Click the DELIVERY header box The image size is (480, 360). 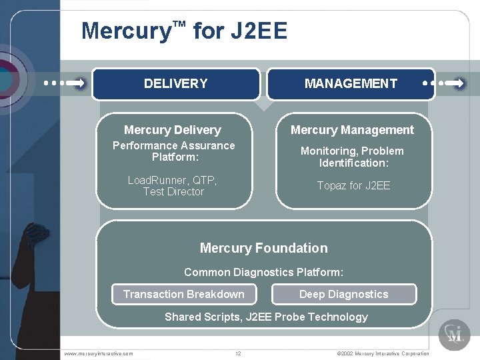tap(175, 84)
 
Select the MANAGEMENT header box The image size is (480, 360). tap(351, 84)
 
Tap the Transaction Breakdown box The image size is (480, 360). tap(183, 294)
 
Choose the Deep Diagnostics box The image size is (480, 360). tap(343, 294)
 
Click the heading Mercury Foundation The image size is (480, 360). tap(263, 248)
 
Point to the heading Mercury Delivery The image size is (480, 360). tap(172, 130)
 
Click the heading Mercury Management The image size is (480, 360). tap(352, 130)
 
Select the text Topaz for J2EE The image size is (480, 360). tap(353, 185)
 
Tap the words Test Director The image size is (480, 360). tap(173, 192)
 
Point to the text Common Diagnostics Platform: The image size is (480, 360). tap(263, 272)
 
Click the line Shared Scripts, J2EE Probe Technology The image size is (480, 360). tap(266, 317)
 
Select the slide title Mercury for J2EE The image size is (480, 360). tap(184, 31)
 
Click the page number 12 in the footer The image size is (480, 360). tap(238, 353)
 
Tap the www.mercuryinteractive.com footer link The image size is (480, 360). tap(98, 353)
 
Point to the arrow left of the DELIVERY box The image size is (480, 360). tap(65, 84)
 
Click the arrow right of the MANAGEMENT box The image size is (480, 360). tap(445, 84)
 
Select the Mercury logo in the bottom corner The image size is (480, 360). tap(454, 334)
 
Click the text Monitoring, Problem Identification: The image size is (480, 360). tap(352, 157)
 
